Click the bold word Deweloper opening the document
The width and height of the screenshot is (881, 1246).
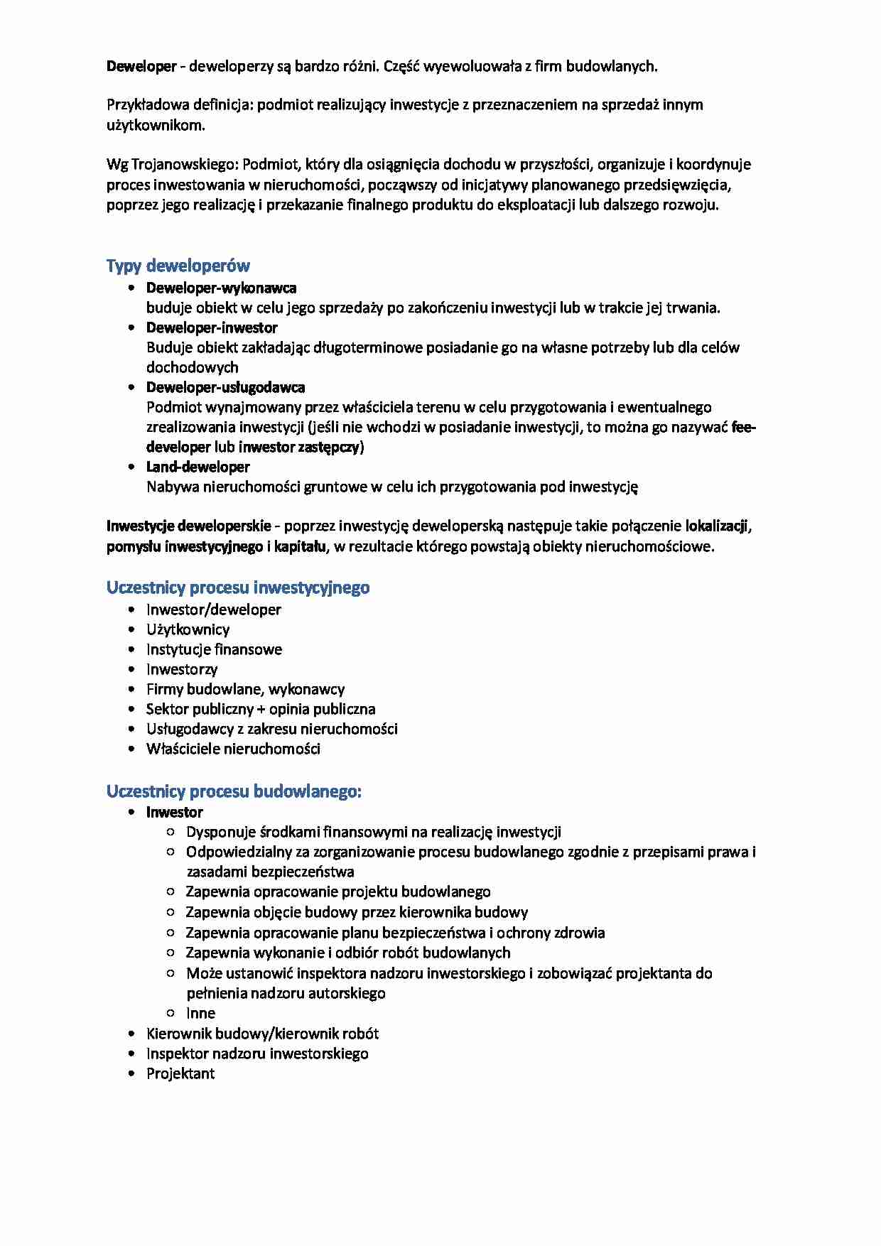coord(141,67)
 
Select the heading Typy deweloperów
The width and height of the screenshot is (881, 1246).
coord(178,266)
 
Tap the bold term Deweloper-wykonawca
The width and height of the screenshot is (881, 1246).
coord(221,288)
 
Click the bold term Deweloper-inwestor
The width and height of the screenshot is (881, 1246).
coord(211,328)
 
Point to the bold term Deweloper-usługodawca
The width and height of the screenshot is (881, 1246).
coord(225,388)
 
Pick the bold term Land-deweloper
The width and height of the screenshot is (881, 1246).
coord(198,467)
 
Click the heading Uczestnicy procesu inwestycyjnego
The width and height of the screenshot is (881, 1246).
coord(237,588)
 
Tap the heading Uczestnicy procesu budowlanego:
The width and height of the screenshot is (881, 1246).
coord(234,791)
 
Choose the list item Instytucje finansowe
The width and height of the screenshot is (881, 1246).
coord(213,650)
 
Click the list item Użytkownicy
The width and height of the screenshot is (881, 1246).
coord(188,630)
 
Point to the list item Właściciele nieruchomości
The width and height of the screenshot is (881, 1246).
coord(233,749)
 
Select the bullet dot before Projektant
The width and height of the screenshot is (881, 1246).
coord(131,1074)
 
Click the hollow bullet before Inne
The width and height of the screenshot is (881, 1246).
coord(171,1014)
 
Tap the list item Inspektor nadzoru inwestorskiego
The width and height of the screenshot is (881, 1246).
coord(256,1054)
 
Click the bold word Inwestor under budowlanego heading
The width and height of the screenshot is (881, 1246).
coord(174,813)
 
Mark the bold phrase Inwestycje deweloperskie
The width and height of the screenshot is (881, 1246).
coord(188,526)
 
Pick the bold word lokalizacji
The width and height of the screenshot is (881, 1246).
coord(716,526)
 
